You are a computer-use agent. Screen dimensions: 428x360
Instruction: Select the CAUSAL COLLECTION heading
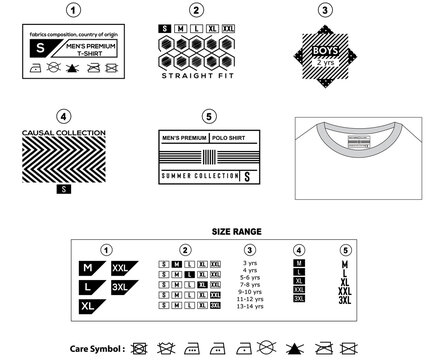click(65, 132)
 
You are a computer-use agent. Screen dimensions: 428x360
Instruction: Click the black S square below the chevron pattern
click(65, 187)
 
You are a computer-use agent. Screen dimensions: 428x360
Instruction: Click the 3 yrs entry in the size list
click(250, 263)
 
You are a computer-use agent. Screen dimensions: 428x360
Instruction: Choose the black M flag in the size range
click(89, 269)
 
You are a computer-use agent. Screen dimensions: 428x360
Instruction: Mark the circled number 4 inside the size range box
click(297, 249)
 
